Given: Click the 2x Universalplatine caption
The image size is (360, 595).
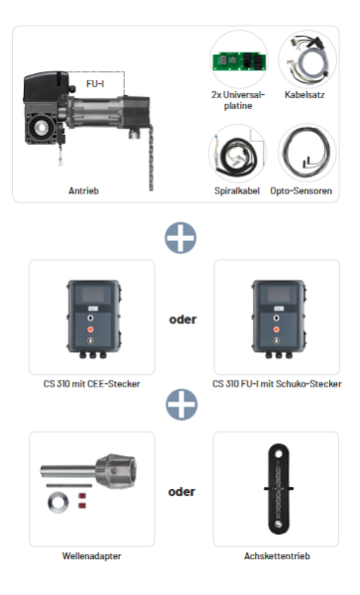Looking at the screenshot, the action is (x=239, y=100).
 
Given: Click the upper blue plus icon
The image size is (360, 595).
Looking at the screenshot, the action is (x=180, y=236).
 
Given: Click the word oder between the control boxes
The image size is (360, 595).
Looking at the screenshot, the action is (x=180, y=320).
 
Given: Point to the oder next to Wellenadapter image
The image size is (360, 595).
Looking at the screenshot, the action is (x=180, y=491).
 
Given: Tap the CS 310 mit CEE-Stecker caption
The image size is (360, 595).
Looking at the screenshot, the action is (x=91, y=383).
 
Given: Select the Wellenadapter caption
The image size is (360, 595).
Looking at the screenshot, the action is (x=91, y=556).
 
